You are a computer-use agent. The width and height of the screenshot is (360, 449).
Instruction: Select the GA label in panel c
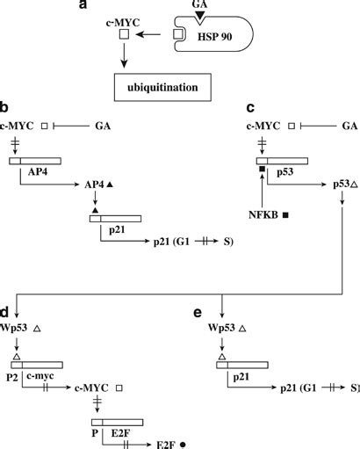coord(349,127)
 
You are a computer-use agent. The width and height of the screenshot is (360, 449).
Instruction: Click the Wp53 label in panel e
coord(225,329)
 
